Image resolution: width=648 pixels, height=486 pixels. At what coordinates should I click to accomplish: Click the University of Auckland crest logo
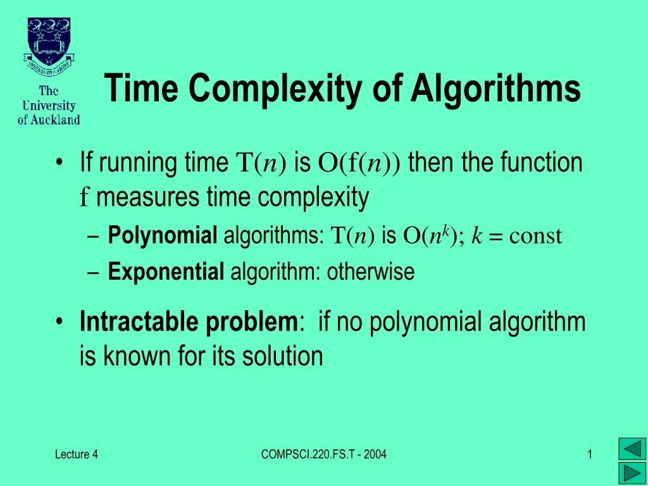pos(49,48)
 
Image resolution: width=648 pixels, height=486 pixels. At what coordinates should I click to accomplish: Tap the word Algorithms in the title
pos(495,88)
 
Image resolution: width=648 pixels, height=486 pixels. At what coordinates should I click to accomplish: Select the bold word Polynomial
pos(163,236)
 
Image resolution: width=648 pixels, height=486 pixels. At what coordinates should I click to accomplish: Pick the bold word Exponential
pos(166,272)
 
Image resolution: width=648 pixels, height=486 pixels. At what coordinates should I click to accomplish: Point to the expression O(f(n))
pos(359,163)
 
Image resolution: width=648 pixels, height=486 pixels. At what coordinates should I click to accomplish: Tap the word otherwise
pos(370,272)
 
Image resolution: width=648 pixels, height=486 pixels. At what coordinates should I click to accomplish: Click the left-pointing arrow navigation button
pos(631,449)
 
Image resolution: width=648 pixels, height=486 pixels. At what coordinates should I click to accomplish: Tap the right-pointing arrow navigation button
pos(631,473)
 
